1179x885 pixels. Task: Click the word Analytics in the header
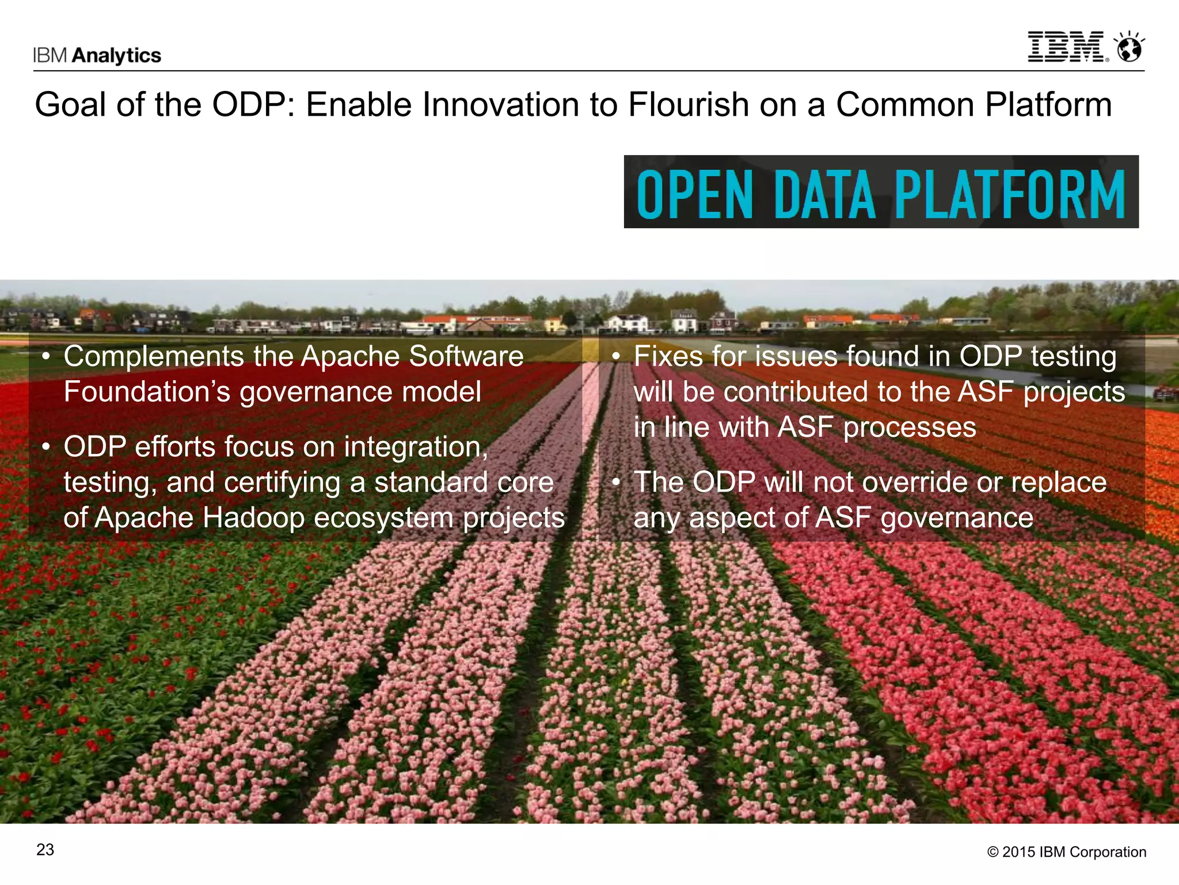117,55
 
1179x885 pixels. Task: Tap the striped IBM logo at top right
1067,47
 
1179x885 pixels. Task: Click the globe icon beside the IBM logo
1129,48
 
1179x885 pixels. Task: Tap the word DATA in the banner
825,195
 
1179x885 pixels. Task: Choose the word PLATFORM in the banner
1010,195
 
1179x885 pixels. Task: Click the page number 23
45,850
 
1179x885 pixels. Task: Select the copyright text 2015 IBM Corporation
1074,852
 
